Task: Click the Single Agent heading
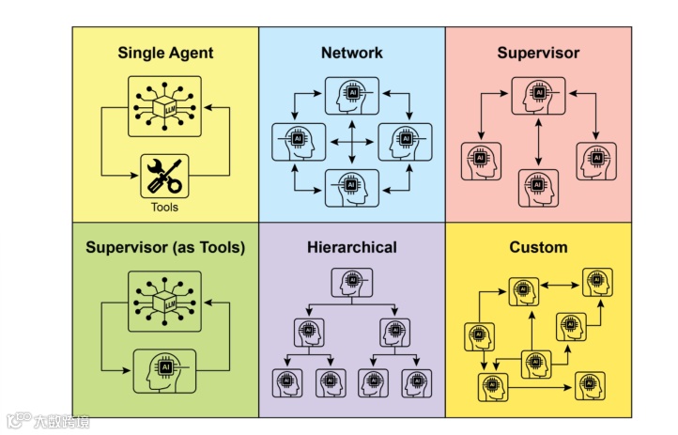(165, 53)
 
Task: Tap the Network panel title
(351, 53)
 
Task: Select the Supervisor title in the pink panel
(538, 53)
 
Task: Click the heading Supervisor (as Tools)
(165, 248)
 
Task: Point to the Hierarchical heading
(351, 248)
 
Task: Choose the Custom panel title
(538, 248)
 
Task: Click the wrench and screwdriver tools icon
(165, 175)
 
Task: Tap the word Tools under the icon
(165, 207)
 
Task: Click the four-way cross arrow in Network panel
(351, 141)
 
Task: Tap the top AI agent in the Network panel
(351, 95)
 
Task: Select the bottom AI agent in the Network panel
(351, 187)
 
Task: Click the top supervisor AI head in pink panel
(538, 96)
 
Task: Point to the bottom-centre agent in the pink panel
(538, 186)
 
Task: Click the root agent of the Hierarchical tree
(351, 282)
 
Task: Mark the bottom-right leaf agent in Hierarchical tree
(416, 381)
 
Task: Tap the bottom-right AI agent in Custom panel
(590, 385)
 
